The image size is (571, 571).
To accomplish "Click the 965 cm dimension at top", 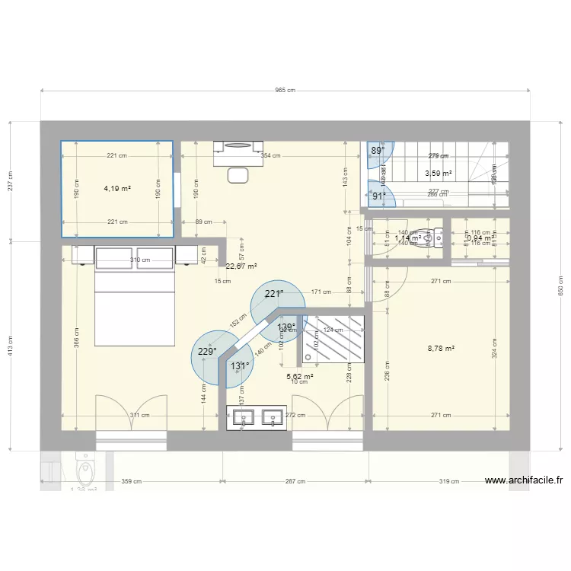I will (x=285, y=90).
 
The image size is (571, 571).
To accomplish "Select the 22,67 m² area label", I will (x=241, y=266).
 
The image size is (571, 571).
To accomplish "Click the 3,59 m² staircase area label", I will (x=438, y=174).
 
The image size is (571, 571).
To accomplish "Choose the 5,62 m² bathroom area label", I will (x=300, y=375).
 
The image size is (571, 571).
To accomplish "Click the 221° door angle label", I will (x=273, y=293).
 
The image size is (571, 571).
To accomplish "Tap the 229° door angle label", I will (x=206, y=351).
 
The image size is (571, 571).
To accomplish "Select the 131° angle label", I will (x=240, y=365).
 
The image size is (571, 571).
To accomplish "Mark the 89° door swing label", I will (x=378, y=151).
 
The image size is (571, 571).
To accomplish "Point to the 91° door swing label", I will (x=378, y=196).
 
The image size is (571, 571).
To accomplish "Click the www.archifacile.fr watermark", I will (x=524, y=480).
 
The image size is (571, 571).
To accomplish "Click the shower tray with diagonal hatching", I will (x=335, y=339).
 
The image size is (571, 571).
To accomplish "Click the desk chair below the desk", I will (x=239, y=174).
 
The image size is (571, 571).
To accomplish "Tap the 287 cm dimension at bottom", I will (x=295, y=481).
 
